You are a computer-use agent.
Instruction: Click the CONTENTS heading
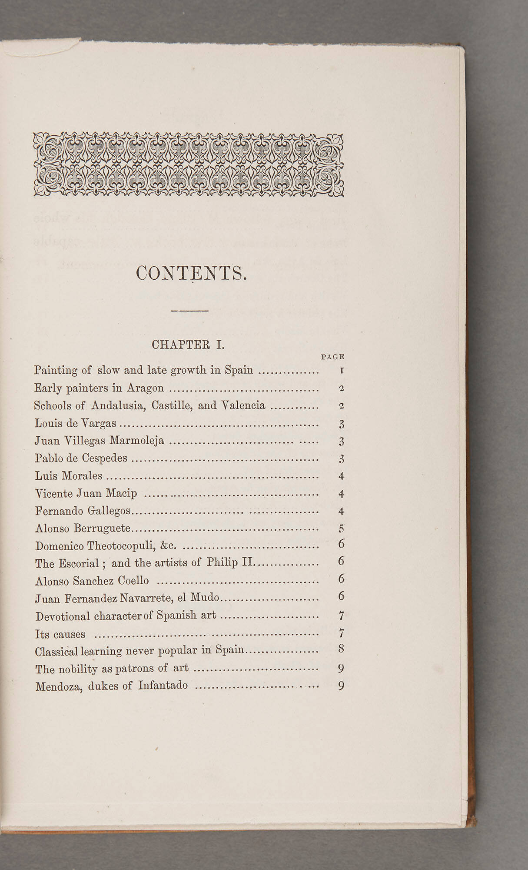point(191,273)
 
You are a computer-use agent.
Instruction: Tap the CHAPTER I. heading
point(188,345)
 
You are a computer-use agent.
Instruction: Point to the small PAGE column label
point(332,357)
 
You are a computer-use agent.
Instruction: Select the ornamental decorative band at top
point(189,164)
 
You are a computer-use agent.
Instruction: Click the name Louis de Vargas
point(76,423)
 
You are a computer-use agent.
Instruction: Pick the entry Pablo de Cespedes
point(81,458)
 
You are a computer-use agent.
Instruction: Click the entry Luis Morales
point(69,475)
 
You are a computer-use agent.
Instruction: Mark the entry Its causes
point(60,634)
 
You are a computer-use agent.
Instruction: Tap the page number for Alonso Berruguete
point(342,529)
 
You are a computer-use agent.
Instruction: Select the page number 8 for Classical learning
point(341,649)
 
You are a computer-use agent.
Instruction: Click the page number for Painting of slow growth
point(342,371)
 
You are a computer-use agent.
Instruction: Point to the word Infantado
point(163,686)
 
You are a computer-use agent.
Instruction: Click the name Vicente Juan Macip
point(86,493)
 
